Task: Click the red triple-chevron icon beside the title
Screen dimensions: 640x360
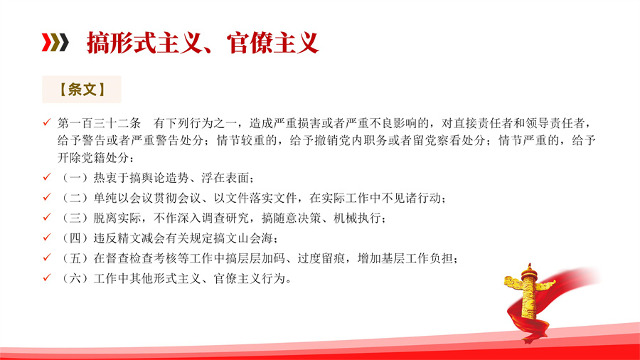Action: click(55, 43)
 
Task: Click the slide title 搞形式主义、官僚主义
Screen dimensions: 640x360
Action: click(203, 43)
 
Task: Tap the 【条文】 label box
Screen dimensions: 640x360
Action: click(82, 90)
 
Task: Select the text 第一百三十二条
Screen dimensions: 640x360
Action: click(99, 123)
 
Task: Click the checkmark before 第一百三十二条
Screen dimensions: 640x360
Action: click(47, 122)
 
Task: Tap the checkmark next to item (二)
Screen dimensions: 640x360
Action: click(47, 198)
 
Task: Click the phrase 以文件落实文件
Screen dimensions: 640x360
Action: click(255, 198)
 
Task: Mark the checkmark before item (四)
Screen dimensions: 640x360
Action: click(47, 238)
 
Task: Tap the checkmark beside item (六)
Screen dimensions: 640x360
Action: click(47, 278)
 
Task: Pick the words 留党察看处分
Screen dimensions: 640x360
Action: click(450, 140)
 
